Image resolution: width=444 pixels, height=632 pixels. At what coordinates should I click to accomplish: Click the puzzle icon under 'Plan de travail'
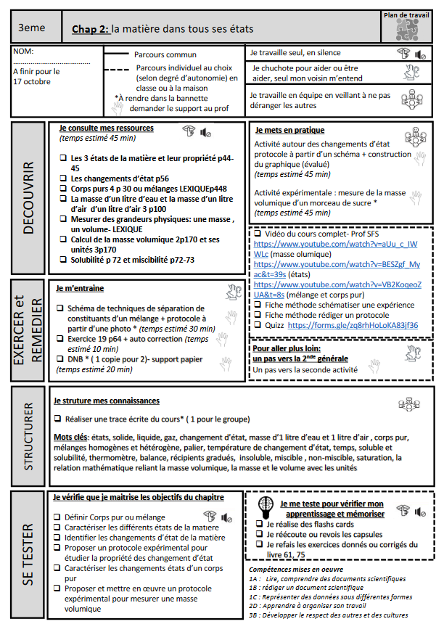tap(406, 29)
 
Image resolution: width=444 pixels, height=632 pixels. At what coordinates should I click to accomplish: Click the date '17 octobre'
tap(31, 82)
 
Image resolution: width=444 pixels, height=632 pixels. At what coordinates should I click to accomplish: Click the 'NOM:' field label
tap(23, 52)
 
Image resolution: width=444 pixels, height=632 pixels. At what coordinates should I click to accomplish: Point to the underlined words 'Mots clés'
tap(70, 438)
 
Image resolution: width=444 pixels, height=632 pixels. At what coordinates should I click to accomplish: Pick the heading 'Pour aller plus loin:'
tap(285, 348)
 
